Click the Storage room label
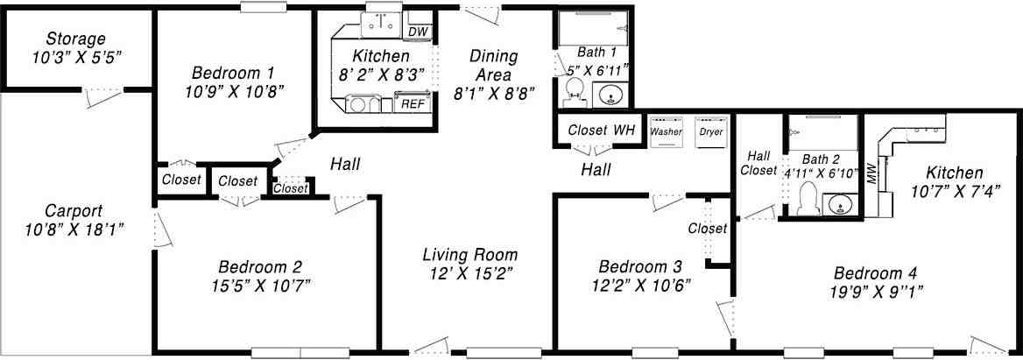76,39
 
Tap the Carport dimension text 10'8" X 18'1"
74,229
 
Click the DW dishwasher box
419,32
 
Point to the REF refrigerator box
411,102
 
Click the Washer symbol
667,131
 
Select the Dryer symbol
710,131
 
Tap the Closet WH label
601,131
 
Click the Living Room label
469,255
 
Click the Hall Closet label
758,163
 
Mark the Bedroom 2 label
260,266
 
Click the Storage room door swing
98,97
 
